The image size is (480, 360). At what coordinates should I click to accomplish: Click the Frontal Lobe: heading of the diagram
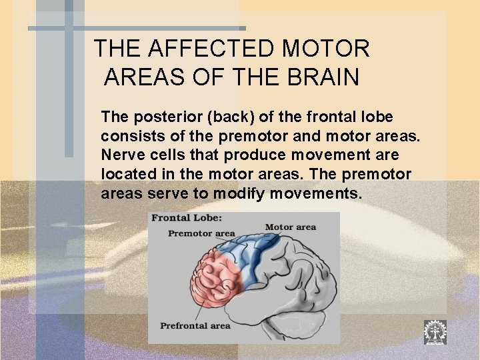point(187,218)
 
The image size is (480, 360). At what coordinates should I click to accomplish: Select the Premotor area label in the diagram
point(201,233)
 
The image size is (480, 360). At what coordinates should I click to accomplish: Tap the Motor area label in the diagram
point(291,227)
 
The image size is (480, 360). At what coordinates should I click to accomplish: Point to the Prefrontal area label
point(195,325)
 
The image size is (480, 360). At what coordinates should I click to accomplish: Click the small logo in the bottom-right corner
point(435,332)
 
